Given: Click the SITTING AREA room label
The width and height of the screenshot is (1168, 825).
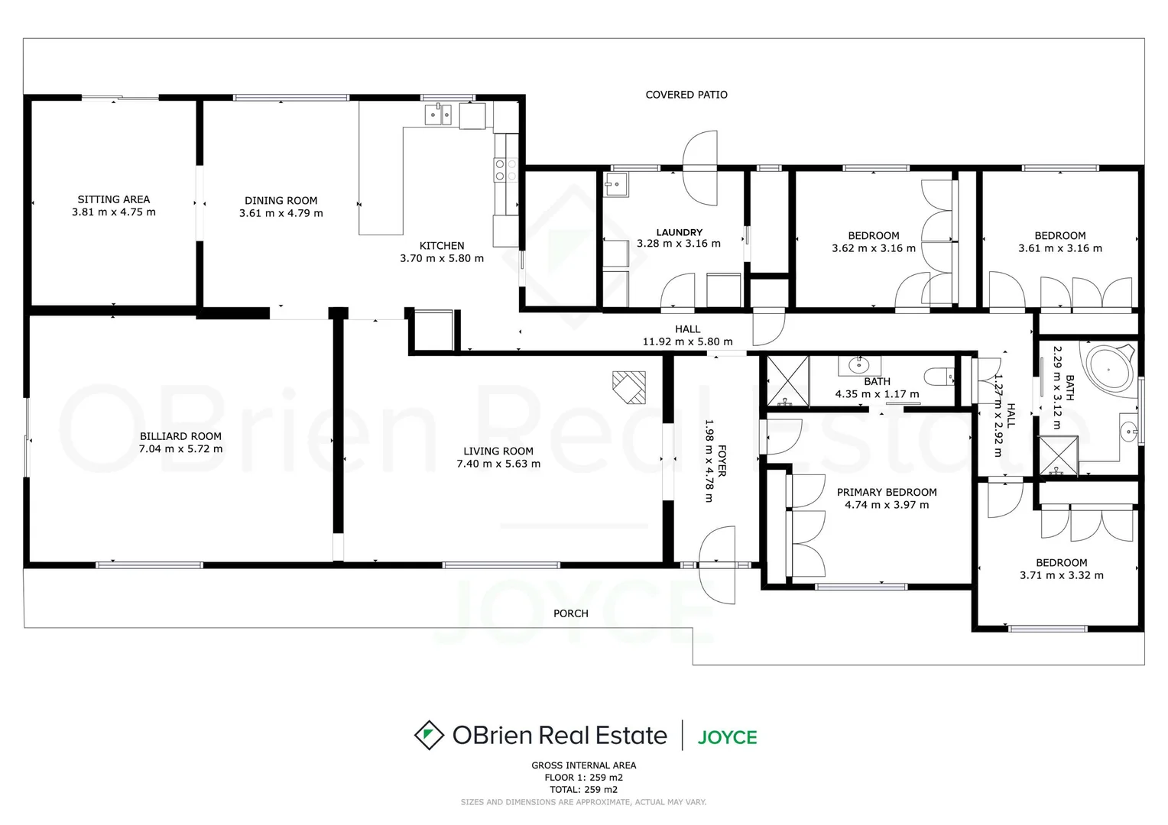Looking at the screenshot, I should point(114,199).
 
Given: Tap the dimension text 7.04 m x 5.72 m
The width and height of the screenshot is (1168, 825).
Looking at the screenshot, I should point(180,449).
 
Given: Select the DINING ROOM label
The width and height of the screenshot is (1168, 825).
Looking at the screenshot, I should point(281,201).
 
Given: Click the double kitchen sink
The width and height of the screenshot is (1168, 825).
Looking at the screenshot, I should point(438,115).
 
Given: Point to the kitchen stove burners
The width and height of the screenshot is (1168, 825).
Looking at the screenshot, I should point(500,170).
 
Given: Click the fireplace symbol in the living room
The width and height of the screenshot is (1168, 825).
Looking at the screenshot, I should point(629,387).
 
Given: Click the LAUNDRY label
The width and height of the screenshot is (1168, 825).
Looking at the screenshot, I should point(679,232).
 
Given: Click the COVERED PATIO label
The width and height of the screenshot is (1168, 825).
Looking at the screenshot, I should point(686,95).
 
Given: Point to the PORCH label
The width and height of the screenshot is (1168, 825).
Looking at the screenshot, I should point(570,613).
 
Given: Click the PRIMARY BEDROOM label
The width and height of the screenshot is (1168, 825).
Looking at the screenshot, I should point(887,493).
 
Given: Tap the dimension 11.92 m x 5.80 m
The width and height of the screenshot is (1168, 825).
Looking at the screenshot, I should point(687,342).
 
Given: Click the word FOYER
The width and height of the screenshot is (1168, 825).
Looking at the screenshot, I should point(722,461).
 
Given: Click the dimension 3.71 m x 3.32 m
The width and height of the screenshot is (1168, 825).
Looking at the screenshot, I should point(1061,576).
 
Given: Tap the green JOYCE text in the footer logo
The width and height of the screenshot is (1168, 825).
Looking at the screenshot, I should point(727,737).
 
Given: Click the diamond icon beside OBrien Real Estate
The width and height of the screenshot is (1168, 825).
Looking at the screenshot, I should point(429,735).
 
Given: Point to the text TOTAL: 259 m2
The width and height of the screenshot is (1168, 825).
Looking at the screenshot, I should point(583,790).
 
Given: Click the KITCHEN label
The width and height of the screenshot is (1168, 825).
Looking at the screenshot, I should point(442,246).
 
